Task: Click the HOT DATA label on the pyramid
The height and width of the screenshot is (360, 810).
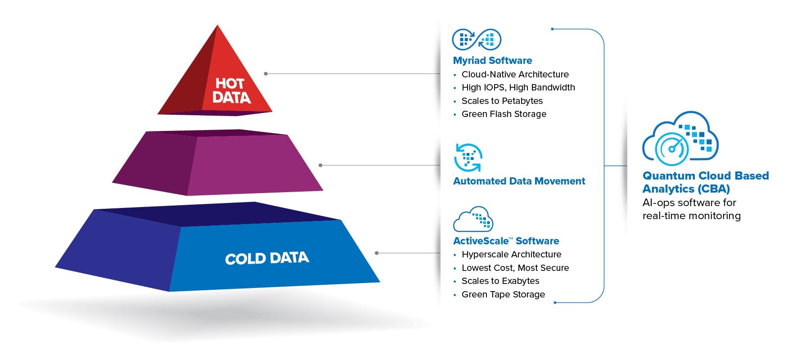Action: pyautogui.click(x=231, y=90)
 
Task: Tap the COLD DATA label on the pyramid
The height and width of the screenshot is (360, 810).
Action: pyautogui.click(x=267, y=258)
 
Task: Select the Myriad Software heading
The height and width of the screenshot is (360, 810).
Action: pyautogui.click(x=492, y=61)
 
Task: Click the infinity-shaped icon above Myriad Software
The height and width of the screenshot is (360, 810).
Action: pyautogui.click(x=477, y=40)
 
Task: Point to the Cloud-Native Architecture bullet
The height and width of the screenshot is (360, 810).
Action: pyautogui.click(x=515, y=74)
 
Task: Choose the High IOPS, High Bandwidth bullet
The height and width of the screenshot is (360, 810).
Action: pyautogui.click(x=518, y=87)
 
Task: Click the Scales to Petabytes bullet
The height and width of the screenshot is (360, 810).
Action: pyautogui.click(x=502, y=101)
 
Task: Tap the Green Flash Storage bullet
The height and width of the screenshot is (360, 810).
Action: pyautogui.click(x=504, y=114)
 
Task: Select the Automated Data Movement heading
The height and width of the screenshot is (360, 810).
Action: pyautogui.click(x=519, y=181)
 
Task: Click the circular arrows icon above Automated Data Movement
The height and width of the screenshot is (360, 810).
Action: pyautogui.click(x=468, y=157)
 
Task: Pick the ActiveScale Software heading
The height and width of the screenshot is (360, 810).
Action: pyautogui.click(x=506, y=241)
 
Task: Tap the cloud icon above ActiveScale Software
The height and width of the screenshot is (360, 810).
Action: pyautogui.click(x=473, y=219)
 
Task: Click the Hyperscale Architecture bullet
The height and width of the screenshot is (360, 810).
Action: pyautogui.click(x=511, y=254)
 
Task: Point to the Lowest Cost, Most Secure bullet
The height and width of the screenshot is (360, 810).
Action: pyautogui.click(x=515, y=268)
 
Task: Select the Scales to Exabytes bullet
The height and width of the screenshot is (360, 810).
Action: pyautogui.click(x=500, y=281)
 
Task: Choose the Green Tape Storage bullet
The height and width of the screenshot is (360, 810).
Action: pyautogui.click(x=503, y=294)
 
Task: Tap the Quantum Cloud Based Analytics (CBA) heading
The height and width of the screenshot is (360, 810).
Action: pyautogui.click(x=705, y=182)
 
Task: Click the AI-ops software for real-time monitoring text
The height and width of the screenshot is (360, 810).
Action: pyautogui.click(x=691, y=209)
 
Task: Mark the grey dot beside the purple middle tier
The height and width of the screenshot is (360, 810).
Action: pyautogui.click(x=320, y=165)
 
